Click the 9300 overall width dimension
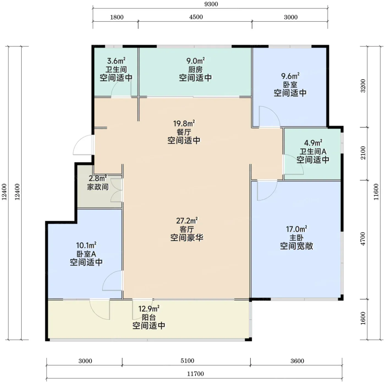coord(211,4)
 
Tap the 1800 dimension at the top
coord(117,17)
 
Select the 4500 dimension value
coord(196,17)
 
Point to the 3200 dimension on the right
coord(363,86)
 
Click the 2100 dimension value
coord(363,153)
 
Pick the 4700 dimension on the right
coord(363,239)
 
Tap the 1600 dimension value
coord(363,318)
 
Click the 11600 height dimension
coord(376,192)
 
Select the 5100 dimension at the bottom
coord(187,361)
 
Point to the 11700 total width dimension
coord(196,374)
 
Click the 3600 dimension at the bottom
coord(297,361)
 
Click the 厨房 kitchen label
coord(196,70)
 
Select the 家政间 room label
coord(98,187)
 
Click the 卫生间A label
coord(313,152)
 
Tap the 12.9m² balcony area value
coord(149,309)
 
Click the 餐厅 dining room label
coord(184,132)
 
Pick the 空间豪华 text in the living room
coord(187,238)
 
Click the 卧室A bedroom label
coord(86,254)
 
